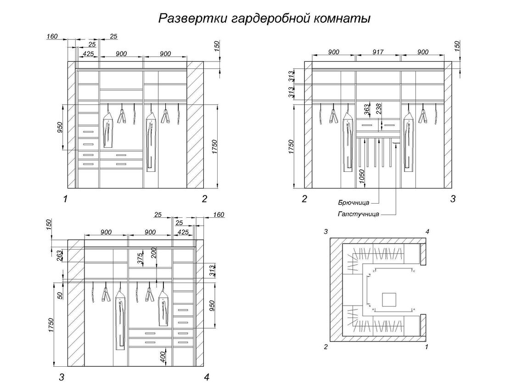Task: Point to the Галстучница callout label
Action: (x=358, y=214)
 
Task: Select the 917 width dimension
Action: (x=378, y=52)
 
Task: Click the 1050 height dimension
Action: (x=362, y=176)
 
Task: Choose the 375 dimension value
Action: (x=140, y=258)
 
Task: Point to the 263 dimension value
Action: (x=60, y=255)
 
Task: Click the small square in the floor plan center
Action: (x=389, y=299)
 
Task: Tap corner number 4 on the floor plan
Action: (x=427, y=231)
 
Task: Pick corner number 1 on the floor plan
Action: (x=427, y=347)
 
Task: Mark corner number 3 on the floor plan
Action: (x=325, y=231)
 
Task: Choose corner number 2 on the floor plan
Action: (x=325, y=347)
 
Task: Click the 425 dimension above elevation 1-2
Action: (x=88, y=54)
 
